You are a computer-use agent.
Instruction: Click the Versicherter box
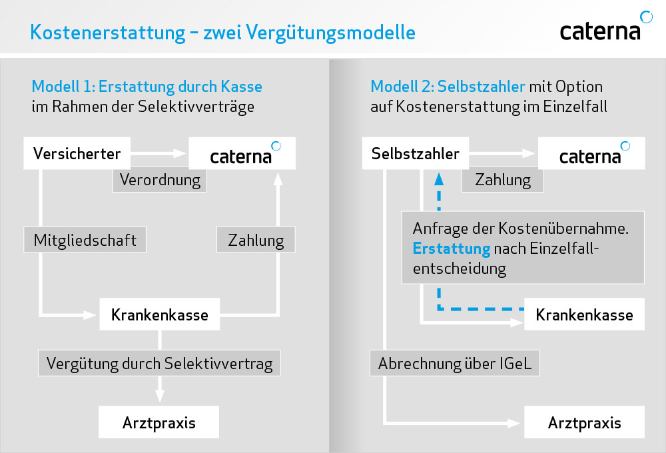[77, 154]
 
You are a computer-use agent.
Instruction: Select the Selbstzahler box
[415, 154]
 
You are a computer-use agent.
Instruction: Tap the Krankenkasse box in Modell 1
[159, 314]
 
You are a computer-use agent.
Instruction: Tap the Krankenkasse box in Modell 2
[584, 314]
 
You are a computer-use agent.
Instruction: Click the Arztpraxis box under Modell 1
[159, 422]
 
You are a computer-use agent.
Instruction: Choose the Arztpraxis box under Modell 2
[584, 422]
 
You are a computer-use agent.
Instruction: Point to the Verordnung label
[159, 180]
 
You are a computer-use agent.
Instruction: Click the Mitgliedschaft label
[84, 240]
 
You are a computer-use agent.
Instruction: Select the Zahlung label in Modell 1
[256, 240]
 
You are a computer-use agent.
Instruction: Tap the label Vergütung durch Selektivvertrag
[159, 364]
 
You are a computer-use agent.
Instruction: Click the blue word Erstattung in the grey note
[451, 248]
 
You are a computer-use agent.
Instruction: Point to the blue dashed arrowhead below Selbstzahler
[439, 178]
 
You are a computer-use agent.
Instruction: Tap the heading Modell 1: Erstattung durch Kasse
[147, 87]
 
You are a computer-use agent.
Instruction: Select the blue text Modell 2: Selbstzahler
[448, 87]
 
